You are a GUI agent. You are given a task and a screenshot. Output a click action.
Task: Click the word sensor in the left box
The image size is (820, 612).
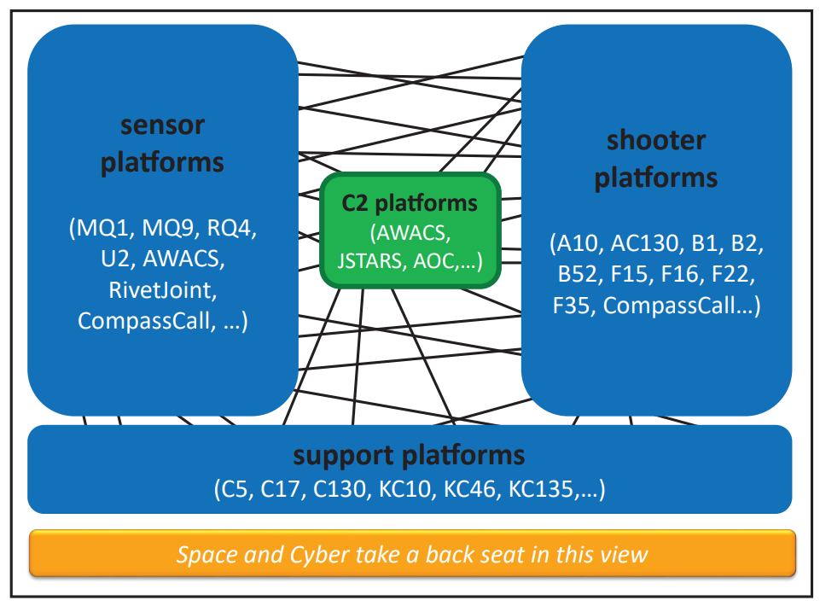click(162, 125)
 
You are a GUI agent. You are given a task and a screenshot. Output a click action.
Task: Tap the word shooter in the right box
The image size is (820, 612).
click(656, 140)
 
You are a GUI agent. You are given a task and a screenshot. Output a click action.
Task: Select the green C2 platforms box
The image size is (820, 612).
click(410, 230)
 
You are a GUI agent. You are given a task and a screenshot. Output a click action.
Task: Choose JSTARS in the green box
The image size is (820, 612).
click(370, 260)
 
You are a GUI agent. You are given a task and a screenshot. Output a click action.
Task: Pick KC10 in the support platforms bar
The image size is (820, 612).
click(404, 489)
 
